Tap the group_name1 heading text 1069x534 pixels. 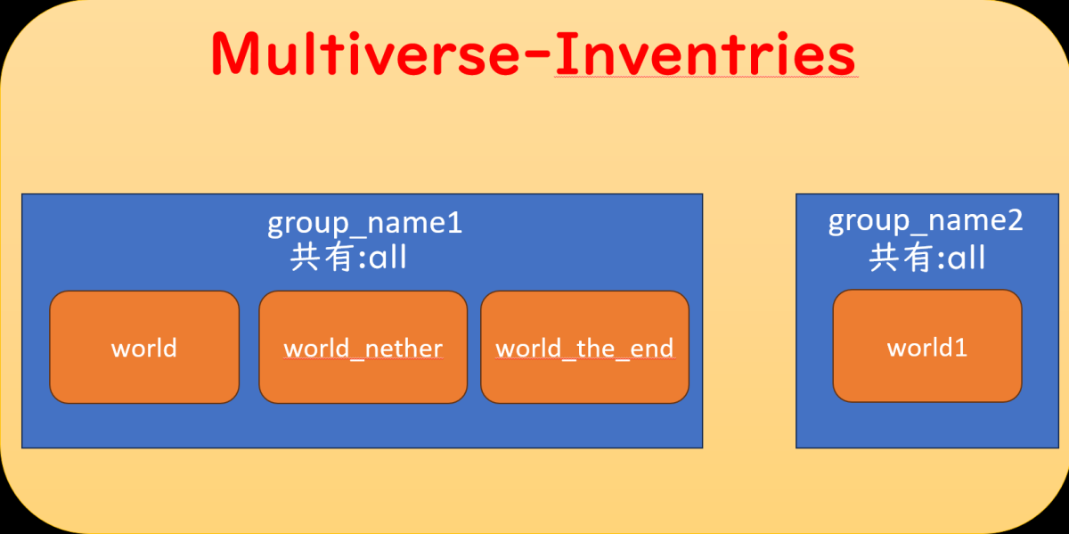[364, 222]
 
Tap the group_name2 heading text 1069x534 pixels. [926, 220]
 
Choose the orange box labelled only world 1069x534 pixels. [144, 347]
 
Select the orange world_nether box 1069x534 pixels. [363, 347]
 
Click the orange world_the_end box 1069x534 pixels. [584, 347]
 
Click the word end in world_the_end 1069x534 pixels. [652, 348]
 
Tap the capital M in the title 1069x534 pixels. [233, 55]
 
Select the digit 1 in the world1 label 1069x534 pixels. [961, 348]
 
